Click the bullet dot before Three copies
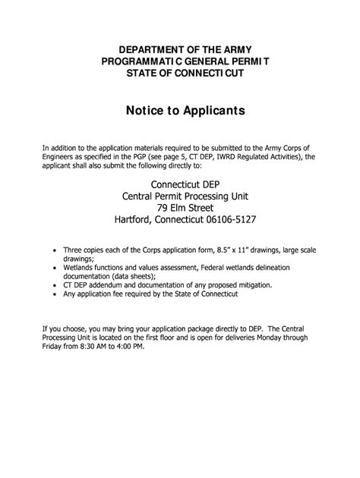coord(52,249)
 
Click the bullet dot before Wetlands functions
coord(52,267)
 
